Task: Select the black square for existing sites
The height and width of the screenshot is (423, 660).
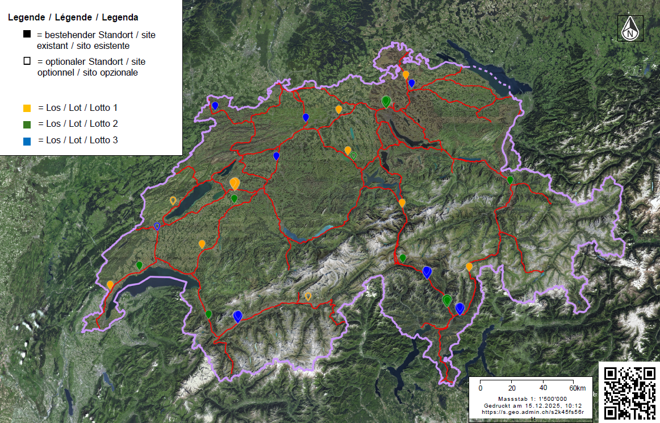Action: (27, 35)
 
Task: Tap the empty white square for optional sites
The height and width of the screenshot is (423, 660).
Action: (27, 61)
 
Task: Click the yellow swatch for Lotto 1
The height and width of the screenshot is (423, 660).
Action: (27, 107)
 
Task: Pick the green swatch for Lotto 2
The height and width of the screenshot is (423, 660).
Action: (27, 123)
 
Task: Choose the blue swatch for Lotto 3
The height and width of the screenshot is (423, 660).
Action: (27, 140)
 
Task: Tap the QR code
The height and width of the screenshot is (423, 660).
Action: (628, 392)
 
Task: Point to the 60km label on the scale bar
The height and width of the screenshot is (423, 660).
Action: (578, 388)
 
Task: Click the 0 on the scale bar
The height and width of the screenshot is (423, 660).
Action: (481, 388)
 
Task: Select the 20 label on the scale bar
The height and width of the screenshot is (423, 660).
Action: (512, 388)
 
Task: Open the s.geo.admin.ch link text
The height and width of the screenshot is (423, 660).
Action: (533, 412)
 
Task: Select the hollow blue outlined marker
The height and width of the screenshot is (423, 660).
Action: (157, 226)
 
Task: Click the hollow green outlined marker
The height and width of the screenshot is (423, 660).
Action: (353, 155)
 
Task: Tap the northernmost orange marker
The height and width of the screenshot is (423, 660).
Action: (406, 74)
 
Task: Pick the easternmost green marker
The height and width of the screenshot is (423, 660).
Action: (510, 180)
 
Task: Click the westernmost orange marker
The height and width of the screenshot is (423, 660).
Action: (110, 284)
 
